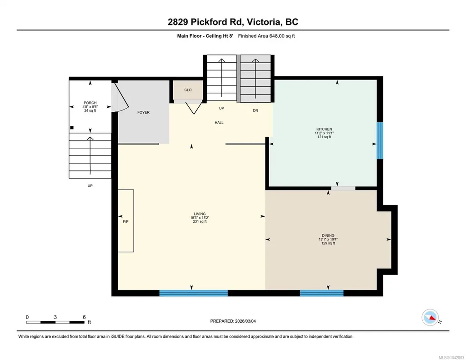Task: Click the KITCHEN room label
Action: [x=324, y=129]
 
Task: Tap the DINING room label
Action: [x=328, y=235]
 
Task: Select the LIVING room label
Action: [x=200, y=214]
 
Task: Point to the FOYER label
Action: [x=143, y=112]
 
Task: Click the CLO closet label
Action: [x=188, y=90]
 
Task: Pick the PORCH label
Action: [x=90, y=103]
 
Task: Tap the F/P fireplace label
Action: [x=126, y=221]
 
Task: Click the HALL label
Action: [x=219, y=122]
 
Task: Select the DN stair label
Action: [x=256, y=110]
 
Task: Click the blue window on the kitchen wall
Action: [x=380, y=140]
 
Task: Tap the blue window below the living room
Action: [x=194, y=293]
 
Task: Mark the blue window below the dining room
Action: [x=321, y=293]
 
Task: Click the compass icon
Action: [x=431, y=318]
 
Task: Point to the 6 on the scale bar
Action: [x=85, y=317]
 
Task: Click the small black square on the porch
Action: [x=72, y=128]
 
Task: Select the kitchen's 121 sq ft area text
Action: [x=324, y=137]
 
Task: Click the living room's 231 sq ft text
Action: [x=200, y=221]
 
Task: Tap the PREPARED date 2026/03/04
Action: [x=245, y=321]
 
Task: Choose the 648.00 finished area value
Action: [x=277, y=36]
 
